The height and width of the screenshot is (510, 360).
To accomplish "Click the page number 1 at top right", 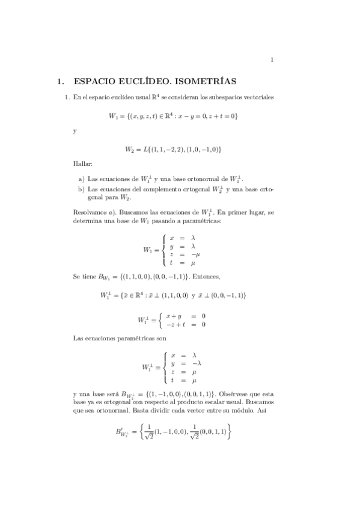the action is (x=272, y=60).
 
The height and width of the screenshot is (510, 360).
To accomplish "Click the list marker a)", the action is (x=82, y=179).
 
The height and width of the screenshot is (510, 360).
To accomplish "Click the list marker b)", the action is (x=82, y=189).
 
